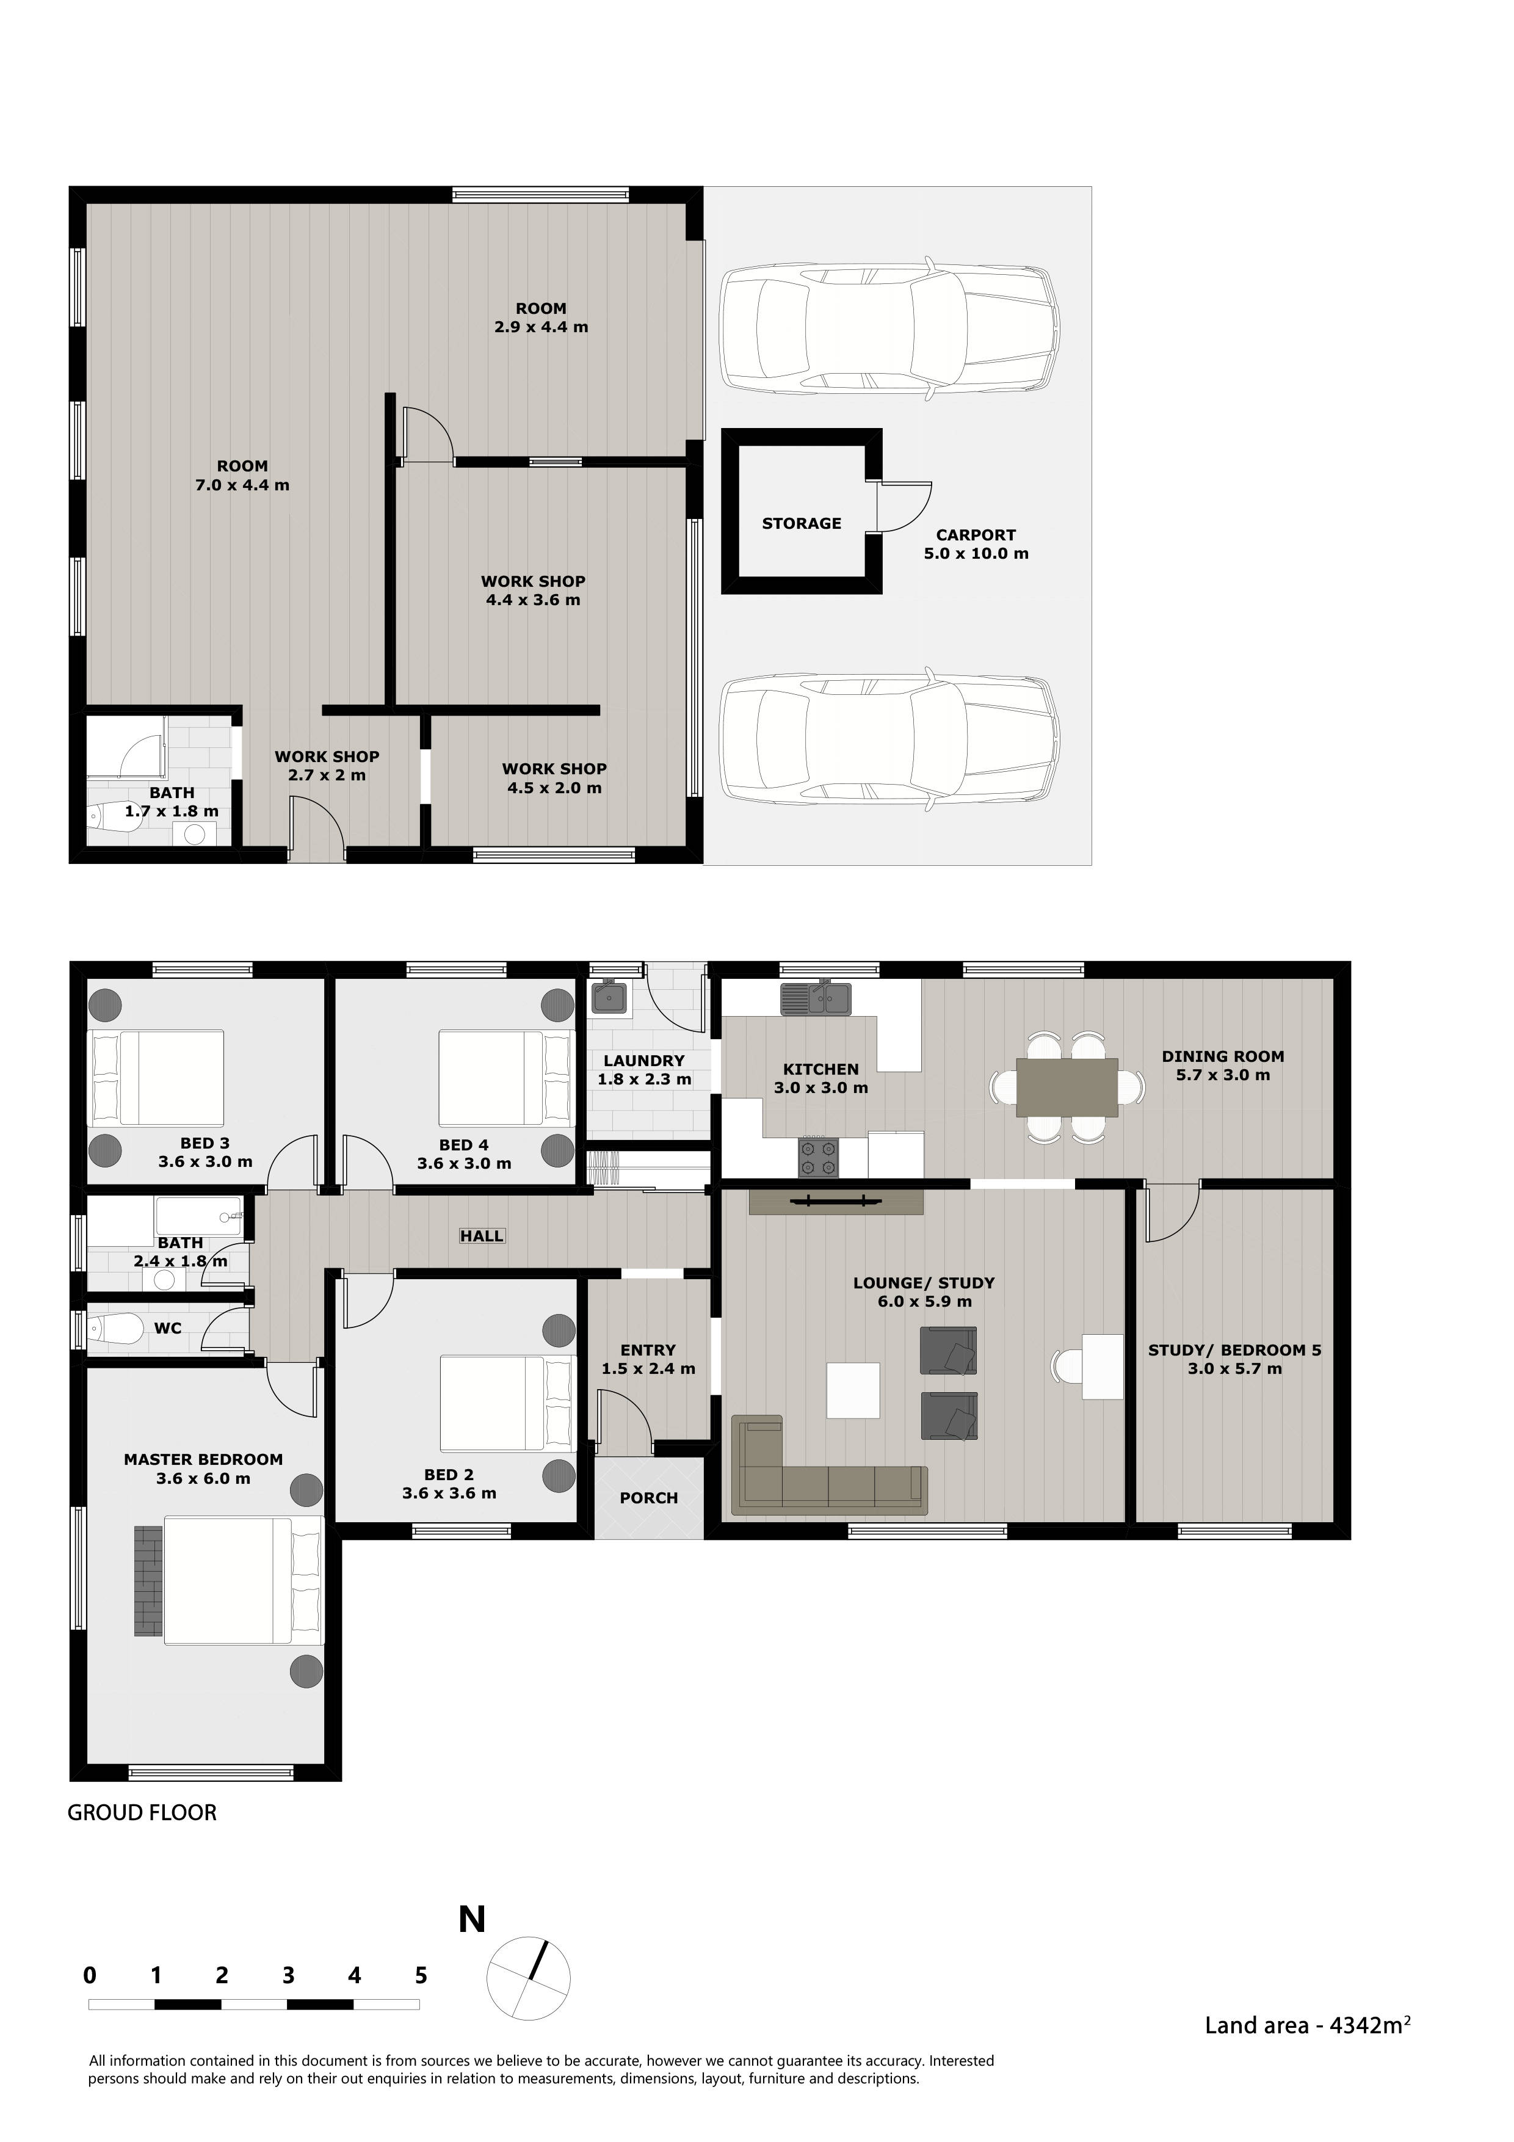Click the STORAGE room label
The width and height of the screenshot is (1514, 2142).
[802, 523]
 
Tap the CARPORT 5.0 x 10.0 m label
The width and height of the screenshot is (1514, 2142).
[976, 544]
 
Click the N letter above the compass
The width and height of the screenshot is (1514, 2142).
[472, 1920]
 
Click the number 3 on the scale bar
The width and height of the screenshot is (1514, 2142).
[288, 1975]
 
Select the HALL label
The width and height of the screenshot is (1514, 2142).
[481, 1236]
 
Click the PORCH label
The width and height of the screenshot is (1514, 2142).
[648, 1497]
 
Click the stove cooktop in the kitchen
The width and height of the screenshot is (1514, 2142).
[818, 1158]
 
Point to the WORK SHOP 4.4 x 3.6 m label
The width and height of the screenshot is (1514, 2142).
[533, 590]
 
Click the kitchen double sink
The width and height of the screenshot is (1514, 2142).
[816, 998]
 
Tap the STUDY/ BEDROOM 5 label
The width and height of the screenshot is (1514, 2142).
[1234, 1359]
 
